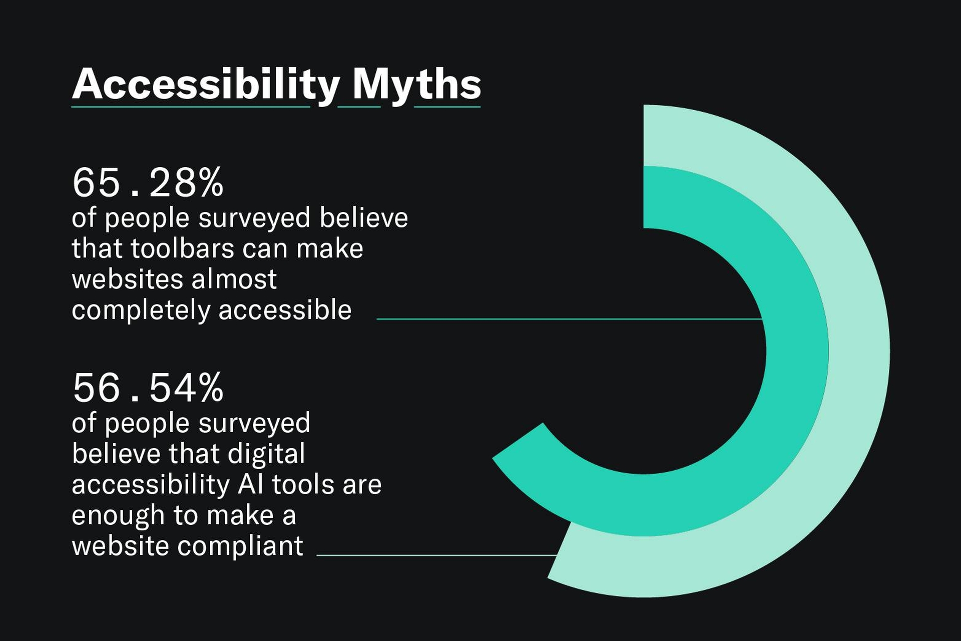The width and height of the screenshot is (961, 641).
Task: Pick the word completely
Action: [141, 310]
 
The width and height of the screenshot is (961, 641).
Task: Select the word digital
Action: [266, 454]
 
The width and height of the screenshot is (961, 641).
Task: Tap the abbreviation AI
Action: [251, 484]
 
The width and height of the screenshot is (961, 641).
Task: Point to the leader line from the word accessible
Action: [570, 318]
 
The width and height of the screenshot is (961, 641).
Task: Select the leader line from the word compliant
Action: [437, 555]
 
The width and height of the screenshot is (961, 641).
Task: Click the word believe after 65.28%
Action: [364, 217]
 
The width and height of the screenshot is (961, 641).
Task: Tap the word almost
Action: [234, 279]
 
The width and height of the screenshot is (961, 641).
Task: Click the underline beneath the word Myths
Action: [447, 107]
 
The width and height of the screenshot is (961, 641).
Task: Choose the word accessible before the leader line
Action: [285, 310]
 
